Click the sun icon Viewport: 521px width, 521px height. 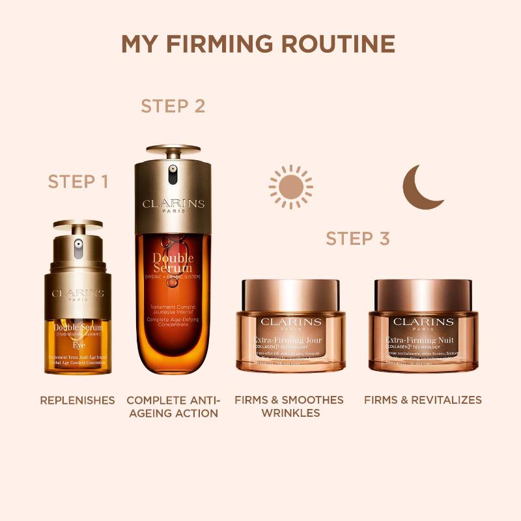290,186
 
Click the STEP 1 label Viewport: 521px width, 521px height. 77,182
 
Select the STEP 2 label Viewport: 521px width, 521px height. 173,106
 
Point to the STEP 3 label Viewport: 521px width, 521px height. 358,238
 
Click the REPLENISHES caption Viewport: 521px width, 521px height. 77,400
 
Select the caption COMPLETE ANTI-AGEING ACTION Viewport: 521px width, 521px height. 173,406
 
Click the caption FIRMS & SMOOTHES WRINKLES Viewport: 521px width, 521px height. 289,406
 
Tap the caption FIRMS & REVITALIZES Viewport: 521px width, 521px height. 423,400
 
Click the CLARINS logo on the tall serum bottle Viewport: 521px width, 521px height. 173,204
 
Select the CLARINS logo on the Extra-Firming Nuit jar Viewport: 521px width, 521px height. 423,322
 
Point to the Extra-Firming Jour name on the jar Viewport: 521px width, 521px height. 290,341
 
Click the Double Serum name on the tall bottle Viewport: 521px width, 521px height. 173,263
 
